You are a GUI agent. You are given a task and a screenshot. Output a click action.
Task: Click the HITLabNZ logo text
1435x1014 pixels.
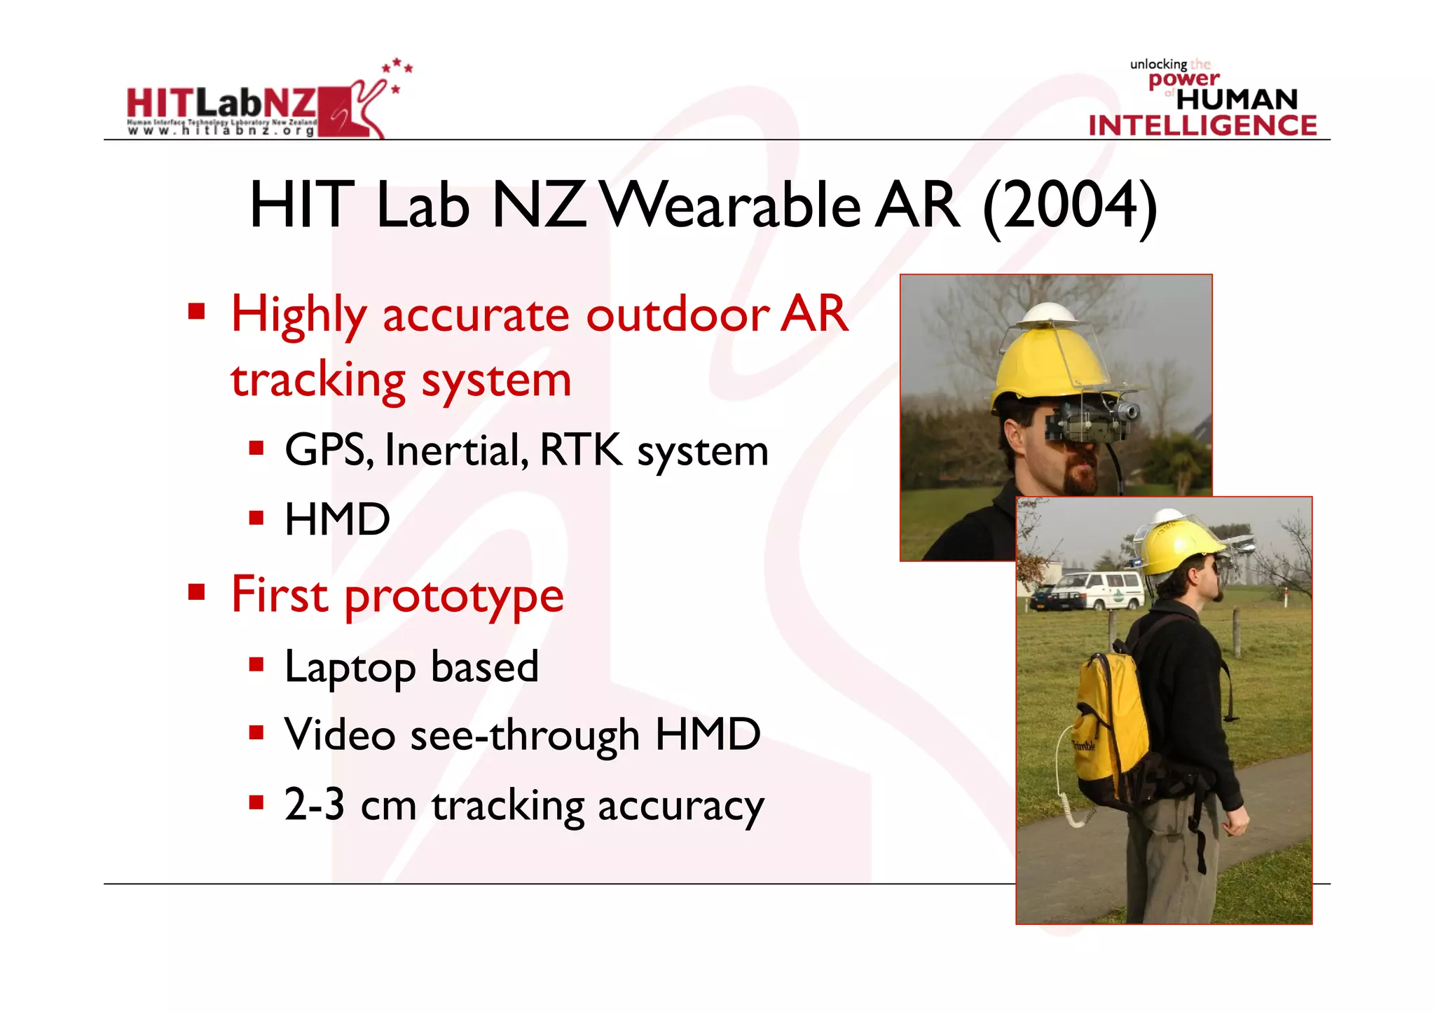(x=221, y=104)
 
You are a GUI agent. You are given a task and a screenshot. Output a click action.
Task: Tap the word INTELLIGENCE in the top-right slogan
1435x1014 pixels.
(x=1202, y=125)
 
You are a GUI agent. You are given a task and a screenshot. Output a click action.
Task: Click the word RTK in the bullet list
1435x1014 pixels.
(x=580, y=449)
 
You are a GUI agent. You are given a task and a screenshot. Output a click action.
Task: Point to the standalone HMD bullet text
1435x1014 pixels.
(x=337, y=519)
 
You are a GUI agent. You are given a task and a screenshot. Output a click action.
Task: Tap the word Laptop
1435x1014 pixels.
(x=350, y=668)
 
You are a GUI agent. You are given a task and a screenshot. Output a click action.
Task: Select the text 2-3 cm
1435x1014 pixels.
(x=350, y=804)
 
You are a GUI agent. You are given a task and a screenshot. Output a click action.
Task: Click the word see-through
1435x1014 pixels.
(x=525, y=734)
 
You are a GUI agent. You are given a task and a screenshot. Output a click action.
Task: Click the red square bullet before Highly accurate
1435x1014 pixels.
(x=197, y=310)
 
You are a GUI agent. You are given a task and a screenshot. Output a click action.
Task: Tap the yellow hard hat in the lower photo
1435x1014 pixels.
(x=1177, y=543)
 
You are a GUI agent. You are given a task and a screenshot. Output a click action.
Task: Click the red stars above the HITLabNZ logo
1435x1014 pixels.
(x=397, y=71)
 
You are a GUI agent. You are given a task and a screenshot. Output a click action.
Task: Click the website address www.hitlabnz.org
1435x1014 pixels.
(x=221, y=130)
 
